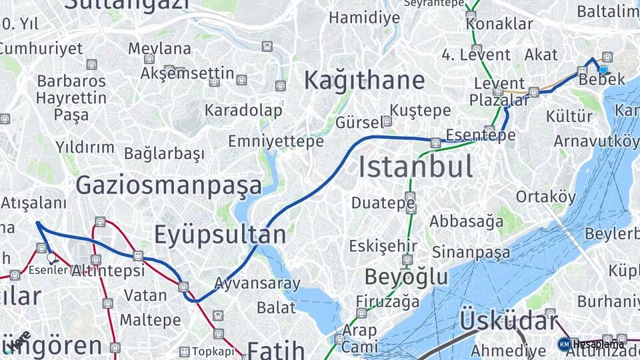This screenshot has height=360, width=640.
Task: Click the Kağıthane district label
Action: [x=364, y=81]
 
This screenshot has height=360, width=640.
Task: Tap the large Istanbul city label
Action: [x=415, y=167]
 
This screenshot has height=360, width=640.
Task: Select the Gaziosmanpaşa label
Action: [x=169, y=185]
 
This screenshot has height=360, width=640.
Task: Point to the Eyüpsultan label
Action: [x=220, y=235]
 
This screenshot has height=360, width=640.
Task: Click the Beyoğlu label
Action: [x=406, y=277]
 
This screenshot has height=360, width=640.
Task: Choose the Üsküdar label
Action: [x=508, y=321]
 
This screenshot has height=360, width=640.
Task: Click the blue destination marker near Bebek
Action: [x=603, y=69]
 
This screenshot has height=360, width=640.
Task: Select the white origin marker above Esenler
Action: [x=51, y=257]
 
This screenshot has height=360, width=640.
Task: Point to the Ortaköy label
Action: [x=545, y=197]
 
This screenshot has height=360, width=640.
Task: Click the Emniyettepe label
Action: [x=276, y=141]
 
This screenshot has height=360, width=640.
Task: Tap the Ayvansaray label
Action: [x=257, y=283]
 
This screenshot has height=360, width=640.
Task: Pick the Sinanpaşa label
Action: [x=471, y=252]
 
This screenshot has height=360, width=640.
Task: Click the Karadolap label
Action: [x=243, y=110]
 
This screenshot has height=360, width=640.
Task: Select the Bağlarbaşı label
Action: [x=164, y=153]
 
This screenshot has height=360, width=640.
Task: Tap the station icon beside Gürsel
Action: [x=387, y=121]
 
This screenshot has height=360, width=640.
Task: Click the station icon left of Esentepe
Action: [x=435, y=142]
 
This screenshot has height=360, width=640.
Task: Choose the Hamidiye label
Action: [x=364, y=18]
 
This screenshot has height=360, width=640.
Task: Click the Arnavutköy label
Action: [x=595, y=141]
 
